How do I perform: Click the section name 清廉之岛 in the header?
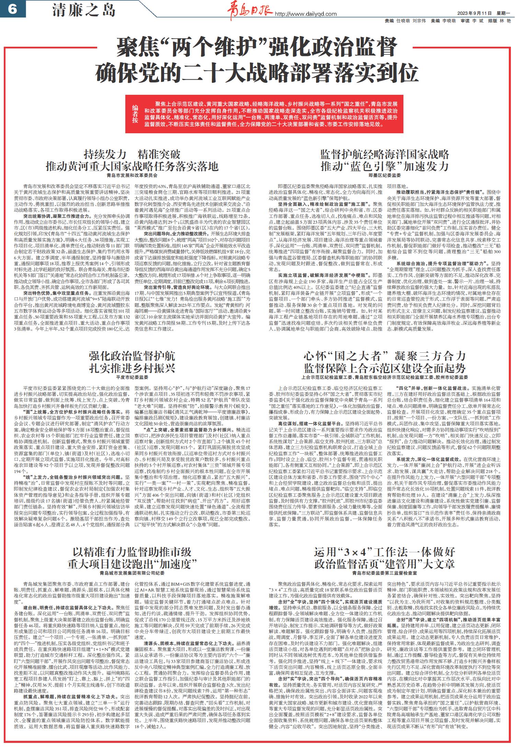[84, 11]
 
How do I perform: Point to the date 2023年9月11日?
[474, 13]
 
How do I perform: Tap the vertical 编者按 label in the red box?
[135, 115]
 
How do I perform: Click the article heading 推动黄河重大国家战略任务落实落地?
[132, 167]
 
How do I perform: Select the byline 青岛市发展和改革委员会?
[132, 175]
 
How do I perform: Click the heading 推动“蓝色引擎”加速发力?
[385, 167]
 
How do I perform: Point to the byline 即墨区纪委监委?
[385, 175]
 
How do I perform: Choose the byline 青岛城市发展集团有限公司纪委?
[132, 573]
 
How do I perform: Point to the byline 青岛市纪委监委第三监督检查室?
[385, 573]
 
